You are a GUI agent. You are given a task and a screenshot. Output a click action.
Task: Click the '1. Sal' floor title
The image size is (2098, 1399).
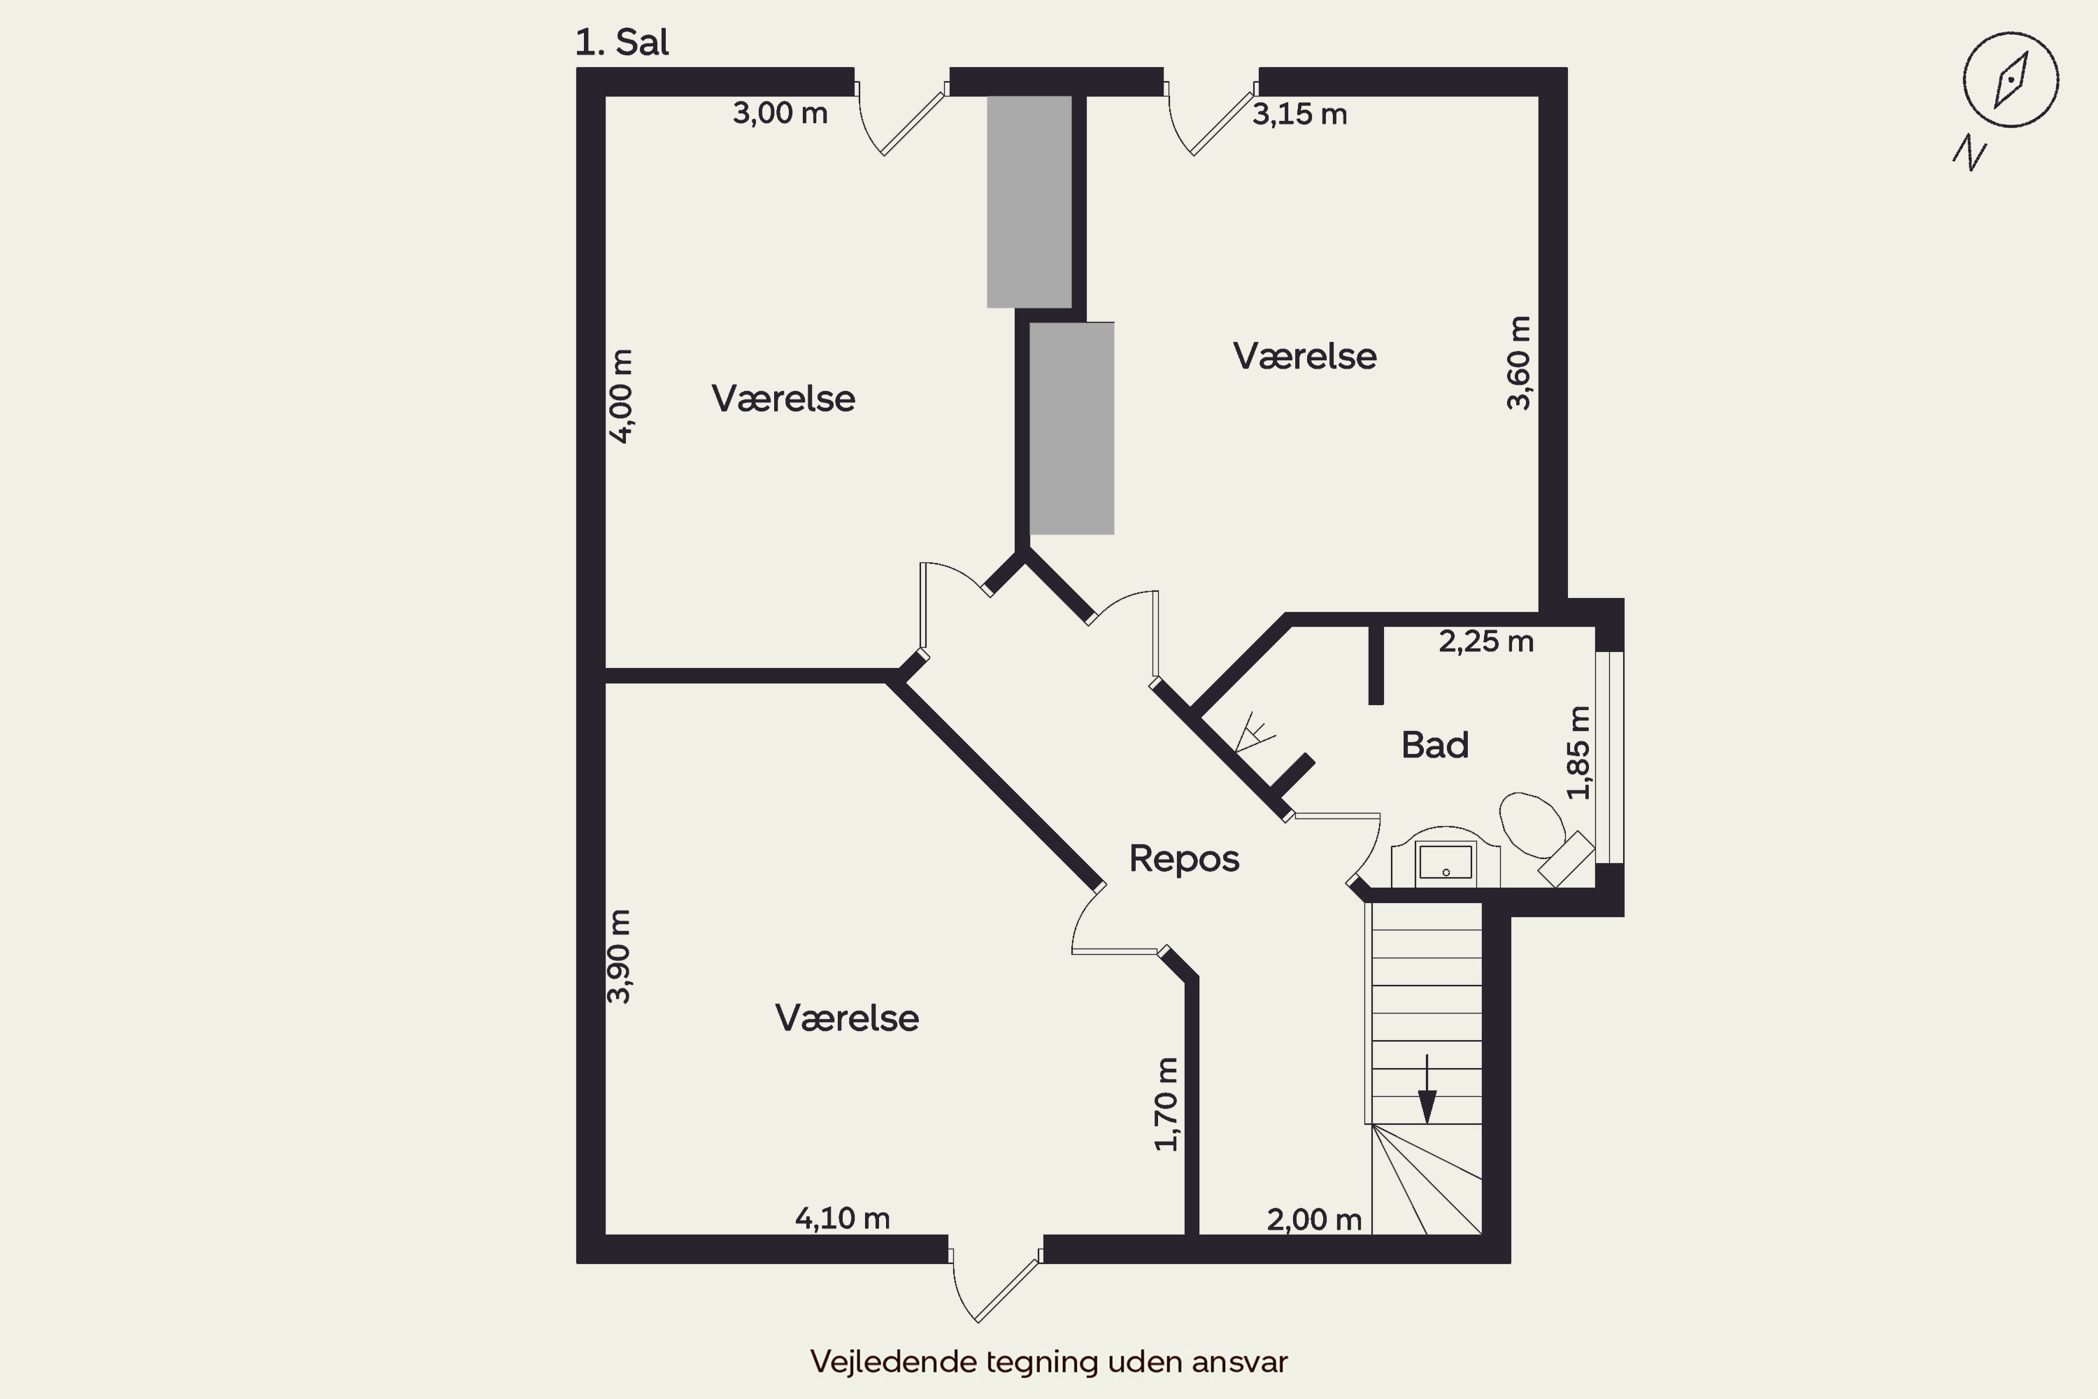click(x=622, y=42)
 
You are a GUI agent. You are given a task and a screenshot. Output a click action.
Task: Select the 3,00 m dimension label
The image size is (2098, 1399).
click(x=780, y=113)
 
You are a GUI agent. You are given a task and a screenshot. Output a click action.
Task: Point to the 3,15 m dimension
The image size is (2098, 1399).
click(x=1299, y=114)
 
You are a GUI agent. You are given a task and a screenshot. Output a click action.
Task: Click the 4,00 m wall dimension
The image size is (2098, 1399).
click(x=621, y=396)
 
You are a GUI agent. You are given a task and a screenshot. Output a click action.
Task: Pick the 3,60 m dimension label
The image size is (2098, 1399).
click(x=1518, y=363)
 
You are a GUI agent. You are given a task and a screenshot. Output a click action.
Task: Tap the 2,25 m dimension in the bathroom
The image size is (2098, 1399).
click(x=1486, y=641)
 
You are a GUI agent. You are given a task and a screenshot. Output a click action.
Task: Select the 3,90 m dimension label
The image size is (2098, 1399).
click(x=619, y=956)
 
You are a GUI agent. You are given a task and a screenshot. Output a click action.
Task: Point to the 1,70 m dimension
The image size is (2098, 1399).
click(x=1166, y=1105)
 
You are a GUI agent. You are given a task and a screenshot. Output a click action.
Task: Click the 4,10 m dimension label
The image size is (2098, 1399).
click(x=843, y=1218)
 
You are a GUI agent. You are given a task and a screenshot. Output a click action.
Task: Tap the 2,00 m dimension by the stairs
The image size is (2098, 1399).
click(x=1314, y=1220)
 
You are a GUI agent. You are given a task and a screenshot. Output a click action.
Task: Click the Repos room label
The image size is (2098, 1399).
click(x=1185, y=858)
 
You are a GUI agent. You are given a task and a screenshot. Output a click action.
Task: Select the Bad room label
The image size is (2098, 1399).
click(x=1434, y=745)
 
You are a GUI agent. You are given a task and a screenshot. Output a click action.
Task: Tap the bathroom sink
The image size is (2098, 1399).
click(x=1446, y=858)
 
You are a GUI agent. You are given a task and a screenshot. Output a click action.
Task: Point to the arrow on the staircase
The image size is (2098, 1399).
click(x=1427, y=1088)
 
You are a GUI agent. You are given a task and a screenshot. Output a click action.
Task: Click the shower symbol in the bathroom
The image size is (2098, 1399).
click(x=1254, y=732)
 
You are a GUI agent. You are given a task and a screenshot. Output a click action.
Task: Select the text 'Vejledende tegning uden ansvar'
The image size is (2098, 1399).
click(x=1049, y=1361)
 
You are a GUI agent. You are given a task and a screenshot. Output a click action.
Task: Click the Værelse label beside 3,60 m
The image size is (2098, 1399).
click(x=1305, y=356)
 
